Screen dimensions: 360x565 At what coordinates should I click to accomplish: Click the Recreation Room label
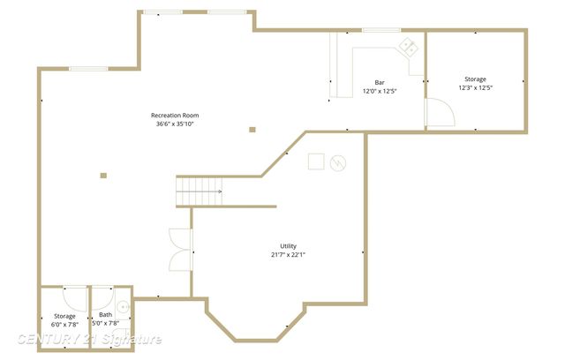click(x=175, y=116)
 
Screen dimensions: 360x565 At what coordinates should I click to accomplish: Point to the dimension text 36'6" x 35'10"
click(x=175, y=124)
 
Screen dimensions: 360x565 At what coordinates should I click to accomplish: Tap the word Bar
click(x=380, y=82)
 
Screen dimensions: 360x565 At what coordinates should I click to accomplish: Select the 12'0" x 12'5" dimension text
click(x=380, y=91)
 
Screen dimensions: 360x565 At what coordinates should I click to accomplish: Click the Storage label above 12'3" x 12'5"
click(x=475, y=79)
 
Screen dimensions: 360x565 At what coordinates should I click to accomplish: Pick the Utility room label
click(x=288, y=246)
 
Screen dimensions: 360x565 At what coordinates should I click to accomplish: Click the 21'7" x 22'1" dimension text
click(x=288, y=255)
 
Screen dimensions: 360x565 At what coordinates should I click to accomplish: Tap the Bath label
click(x=105, y=315)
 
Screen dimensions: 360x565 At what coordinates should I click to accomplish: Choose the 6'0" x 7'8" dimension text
click(x=65, y=324)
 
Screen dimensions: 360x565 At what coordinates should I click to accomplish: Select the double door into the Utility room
click(x=180, y=248)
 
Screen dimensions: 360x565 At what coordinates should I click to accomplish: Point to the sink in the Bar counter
click(x=408, y=46)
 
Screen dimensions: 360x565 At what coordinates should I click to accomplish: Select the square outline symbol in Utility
click(x=314, y=161)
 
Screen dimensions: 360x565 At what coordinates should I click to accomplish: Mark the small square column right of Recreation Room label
click(x=252, y=130)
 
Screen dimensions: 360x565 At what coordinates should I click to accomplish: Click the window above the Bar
click(x=380, y=31)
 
